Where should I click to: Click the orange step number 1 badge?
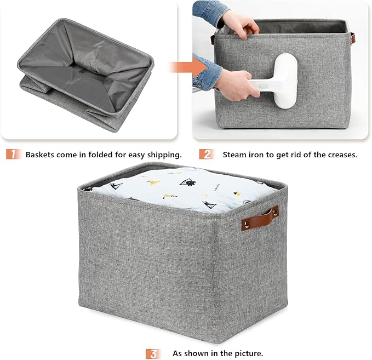14,155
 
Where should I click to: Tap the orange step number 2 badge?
205,155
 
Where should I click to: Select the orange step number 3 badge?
154,353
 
